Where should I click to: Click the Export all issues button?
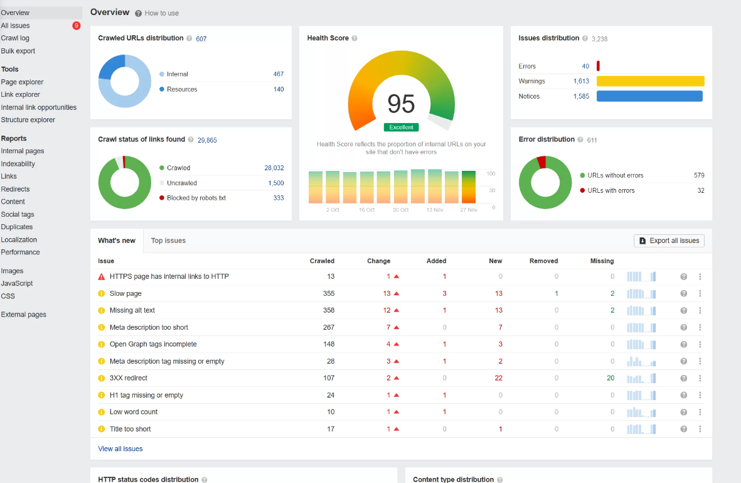[x=669, y=241]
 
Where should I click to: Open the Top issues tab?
[x=168, y=241]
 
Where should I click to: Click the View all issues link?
[x=120, y=448]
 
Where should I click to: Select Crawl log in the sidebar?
[x=15, y=38]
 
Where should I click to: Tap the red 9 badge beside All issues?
[x=77, y=26]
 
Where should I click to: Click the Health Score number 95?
[x=401, y=104]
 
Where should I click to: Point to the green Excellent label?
[x=401, y=128]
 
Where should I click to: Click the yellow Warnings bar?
[x=650, y=81]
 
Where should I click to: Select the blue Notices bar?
[x=649, y=96]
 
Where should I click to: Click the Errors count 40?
[x=585, y=66]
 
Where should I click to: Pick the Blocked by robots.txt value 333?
[x=278, y=198]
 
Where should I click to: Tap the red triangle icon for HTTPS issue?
[x=101, y=276]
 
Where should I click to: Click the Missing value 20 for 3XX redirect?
[x=610, y=378]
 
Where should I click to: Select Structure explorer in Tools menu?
[x=28, y=120]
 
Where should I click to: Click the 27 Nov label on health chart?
[x=468, y=210]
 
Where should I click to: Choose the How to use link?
[x=161, y=13]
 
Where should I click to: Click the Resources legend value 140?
[x=279, y=89]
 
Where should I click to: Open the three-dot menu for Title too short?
[x=700, y=429]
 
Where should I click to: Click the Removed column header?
[x=543, y=261]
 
